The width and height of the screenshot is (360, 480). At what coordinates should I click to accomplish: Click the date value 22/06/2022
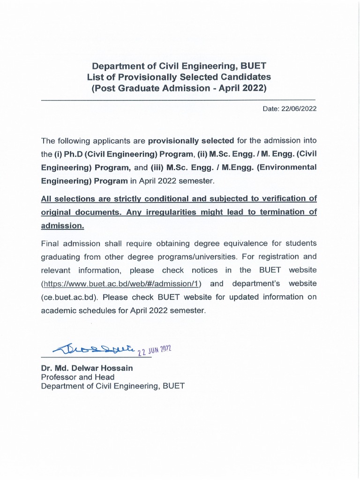(299, 109)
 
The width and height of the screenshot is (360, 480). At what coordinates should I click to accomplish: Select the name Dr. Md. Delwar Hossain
(87, 368)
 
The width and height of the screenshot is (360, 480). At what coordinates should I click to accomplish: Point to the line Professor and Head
(77, 377)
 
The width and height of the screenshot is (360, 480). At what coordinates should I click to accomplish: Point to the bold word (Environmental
(287, 167)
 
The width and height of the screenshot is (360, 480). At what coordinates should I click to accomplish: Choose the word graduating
(61, 257)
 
